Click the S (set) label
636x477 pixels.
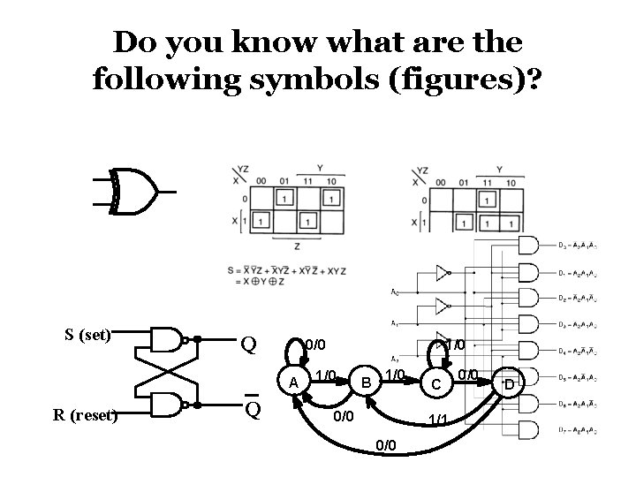[88, 335]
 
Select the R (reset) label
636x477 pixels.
[87, 414]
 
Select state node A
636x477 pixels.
[292, 381]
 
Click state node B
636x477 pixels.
[363, 382]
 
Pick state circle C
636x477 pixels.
[434, 384]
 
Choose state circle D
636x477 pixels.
[508, 384]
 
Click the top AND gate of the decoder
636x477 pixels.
[529, 245]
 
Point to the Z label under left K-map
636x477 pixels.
[297, 246]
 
